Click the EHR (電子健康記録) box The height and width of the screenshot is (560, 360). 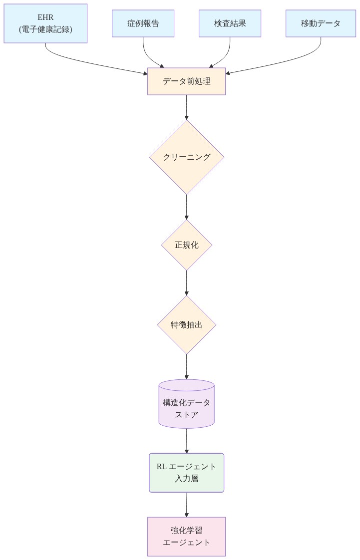(x=45, y=23)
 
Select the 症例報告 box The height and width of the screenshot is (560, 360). (x=143, y=23)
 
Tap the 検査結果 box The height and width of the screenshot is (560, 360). (x=230, y=23)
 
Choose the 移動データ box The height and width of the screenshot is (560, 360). (x=321, y=23)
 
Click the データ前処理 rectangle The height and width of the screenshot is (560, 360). (x=186, y=81)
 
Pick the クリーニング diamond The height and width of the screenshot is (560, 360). (x=186, y=157)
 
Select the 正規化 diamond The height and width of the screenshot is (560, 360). (x=186, y=245)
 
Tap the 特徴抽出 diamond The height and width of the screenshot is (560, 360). (x=186, y=325)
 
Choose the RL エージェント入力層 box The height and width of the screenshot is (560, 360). (x=186, y=473)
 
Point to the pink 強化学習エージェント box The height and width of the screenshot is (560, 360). (x=186, y=537)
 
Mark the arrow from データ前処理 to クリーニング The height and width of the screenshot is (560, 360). (x=186, y=107)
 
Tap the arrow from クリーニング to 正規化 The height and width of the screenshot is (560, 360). (x=186, y=207)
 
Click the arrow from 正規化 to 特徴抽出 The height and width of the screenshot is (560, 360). (x=186, y=283)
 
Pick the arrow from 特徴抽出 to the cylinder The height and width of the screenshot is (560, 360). (x=186, y=367)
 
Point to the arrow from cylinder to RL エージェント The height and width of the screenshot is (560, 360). (x=186, y=441)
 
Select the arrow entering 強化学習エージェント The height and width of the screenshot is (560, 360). (x=186, y=505)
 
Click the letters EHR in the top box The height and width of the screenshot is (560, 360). (x=45, y=17)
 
